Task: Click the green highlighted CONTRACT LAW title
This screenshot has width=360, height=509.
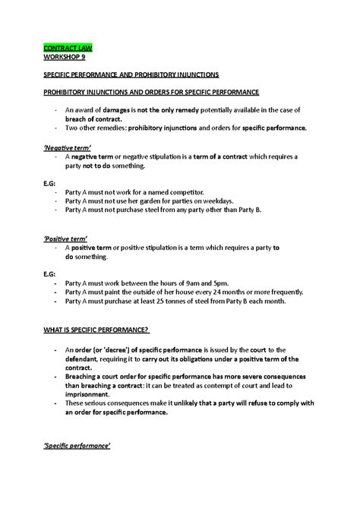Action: [x=67, y=47]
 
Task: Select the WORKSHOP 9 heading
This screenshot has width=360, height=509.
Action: [x=64, y=56]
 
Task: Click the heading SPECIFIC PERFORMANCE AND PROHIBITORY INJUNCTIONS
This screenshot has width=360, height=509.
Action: [x=131, y=74]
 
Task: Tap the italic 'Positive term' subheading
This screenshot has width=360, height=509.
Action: [x=66, y=237]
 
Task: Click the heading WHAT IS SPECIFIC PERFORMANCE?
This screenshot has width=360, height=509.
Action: [x=96, y=330]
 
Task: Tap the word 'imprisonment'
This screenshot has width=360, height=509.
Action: [x=95, y=394]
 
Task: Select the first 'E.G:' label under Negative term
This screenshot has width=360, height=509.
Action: [x=49, y=183]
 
